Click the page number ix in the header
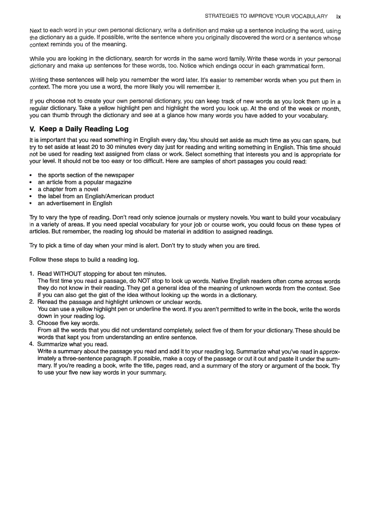[x=338, y=16]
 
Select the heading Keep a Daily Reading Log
[x=84, y=129]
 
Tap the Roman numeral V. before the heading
[x=32, y=129]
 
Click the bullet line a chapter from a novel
[x=68, y=189]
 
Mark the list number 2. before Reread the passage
[x=32, y=302]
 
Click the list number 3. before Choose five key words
[x=32, y=323]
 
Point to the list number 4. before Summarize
[x=32, y=344]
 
